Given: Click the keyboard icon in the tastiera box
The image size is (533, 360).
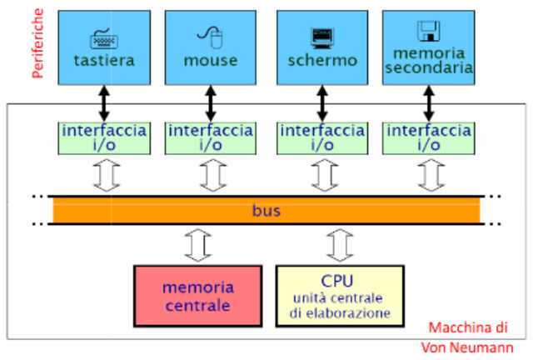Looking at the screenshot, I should (104, 38).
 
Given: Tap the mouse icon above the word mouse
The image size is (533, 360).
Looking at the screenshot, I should (210, 36).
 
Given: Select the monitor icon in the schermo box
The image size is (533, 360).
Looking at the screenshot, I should (321, 37).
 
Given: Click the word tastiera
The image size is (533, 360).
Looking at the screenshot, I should (104, 61).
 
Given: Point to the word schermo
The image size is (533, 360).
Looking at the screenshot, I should (321, 61).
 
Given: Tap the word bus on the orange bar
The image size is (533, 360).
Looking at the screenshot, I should (266, 211).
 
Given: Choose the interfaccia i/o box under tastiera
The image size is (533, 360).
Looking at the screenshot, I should (104, 137).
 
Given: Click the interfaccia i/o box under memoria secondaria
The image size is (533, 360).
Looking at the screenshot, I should (429, 137).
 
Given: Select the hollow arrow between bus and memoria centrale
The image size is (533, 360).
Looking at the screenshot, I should (197, 245).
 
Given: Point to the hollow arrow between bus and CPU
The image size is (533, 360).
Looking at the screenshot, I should (338, 245).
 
